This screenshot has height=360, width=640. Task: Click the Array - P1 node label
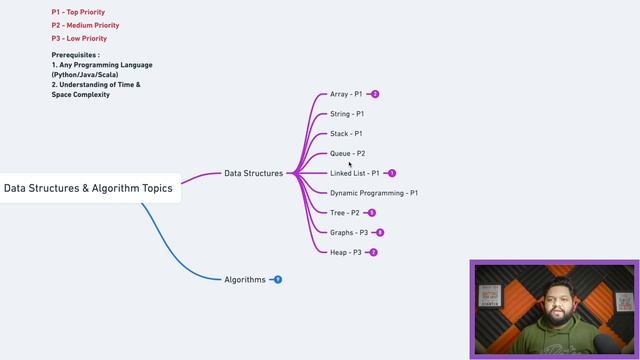click(346, 94)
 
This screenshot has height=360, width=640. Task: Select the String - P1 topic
click(346, 114)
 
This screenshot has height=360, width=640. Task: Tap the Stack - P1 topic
click(346, 133)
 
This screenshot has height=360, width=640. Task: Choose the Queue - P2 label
click(347, 153)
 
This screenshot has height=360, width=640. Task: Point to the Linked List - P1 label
click(355, 173)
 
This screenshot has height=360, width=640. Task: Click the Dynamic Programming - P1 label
click(374, 192)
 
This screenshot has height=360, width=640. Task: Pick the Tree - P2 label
click(345, 212)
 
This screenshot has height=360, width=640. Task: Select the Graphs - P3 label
click(349, 232)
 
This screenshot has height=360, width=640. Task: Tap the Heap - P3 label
click(346, 252)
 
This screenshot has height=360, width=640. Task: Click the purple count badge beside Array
click(375, 94)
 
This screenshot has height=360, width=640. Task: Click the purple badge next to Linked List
click(392, 173)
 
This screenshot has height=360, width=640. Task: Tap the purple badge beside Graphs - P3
click(380, 232)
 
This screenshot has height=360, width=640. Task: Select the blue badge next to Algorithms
click(278, 280)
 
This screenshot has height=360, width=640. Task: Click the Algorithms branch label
click(245, 280)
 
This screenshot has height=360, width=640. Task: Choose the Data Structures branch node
click(253, 173)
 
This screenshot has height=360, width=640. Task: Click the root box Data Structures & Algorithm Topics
click(88, 187)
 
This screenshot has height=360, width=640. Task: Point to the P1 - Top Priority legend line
click(78, 12)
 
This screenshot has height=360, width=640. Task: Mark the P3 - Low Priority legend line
click(78, 38)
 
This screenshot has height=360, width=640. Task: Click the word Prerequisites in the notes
click(75, 54)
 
